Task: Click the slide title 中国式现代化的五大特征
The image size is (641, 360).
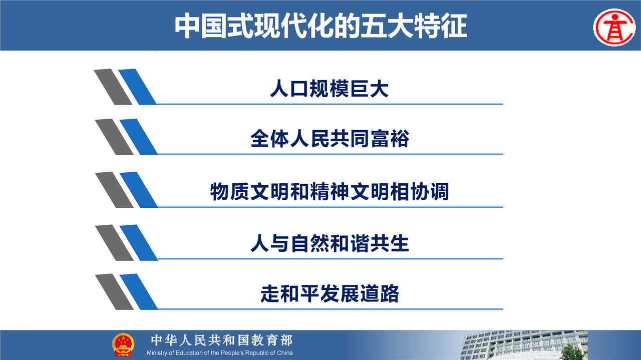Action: coord(321,26)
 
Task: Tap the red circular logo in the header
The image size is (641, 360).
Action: coord(614,28)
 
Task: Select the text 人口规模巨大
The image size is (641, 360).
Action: coord(329,89)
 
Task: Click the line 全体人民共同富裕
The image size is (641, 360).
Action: coord(330,139)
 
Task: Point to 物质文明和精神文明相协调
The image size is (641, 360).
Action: coord(330,191)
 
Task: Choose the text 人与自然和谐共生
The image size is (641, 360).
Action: coord(330,243)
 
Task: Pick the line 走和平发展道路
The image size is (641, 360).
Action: coord(330,293)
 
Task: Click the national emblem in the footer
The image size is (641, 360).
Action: coord(123,344)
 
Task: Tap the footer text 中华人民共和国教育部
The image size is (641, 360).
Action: coord(222,340)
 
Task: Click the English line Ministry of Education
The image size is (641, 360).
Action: coord(220,353)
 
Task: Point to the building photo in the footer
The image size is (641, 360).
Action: coord(524,345)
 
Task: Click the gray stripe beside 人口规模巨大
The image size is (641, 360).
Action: coord(113,87)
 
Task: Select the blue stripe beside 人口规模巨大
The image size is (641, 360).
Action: coord(138,87)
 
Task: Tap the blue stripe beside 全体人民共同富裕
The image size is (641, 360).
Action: coord(139,137)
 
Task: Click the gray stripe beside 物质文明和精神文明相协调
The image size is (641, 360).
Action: coord(114,190)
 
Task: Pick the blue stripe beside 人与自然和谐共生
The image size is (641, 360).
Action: coord(139,243)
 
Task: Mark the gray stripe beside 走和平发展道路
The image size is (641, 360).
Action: coord(114,291)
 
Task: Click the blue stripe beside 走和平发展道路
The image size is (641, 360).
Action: coord(139,291)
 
